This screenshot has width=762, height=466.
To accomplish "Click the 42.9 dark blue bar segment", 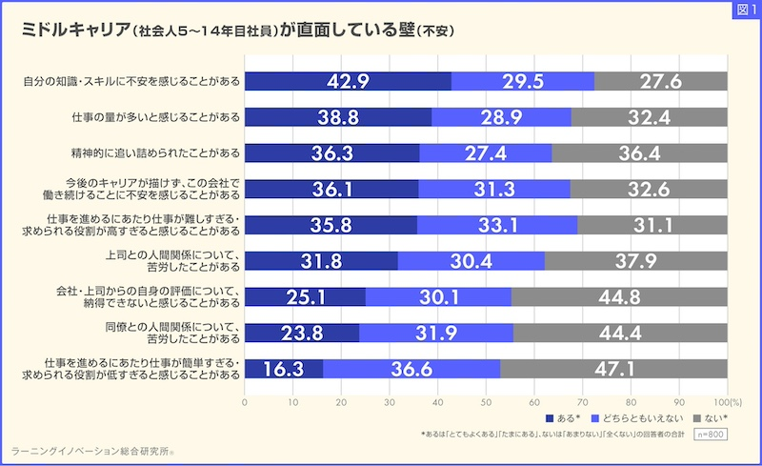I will (348, 81).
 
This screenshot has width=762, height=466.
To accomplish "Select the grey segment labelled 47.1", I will (613, 369).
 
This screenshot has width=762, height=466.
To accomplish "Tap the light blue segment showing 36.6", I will (411, 369).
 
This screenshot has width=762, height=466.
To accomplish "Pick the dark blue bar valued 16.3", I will (284, 369).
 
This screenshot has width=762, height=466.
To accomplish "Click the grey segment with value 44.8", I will (619, 296).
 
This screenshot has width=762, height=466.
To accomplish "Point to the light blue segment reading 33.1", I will (496, 225).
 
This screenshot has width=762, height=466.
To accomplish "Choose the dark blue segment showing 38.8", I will (338, 117).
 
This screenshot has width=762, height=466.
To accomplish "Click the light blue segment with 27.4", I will (485, 152).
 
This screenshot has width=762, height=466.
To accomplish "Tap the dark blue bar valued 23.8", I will (302, 333).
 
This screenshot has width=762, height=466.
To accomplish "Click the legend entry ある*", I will (562, 418).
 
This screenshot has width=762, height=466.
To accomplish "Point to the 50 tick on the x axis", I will (486, 401).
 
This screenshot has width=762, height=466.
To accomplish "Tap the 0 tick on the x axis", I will (245, 401).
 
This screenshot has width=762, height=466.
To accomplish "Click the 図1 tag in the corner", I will (743, 10).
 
